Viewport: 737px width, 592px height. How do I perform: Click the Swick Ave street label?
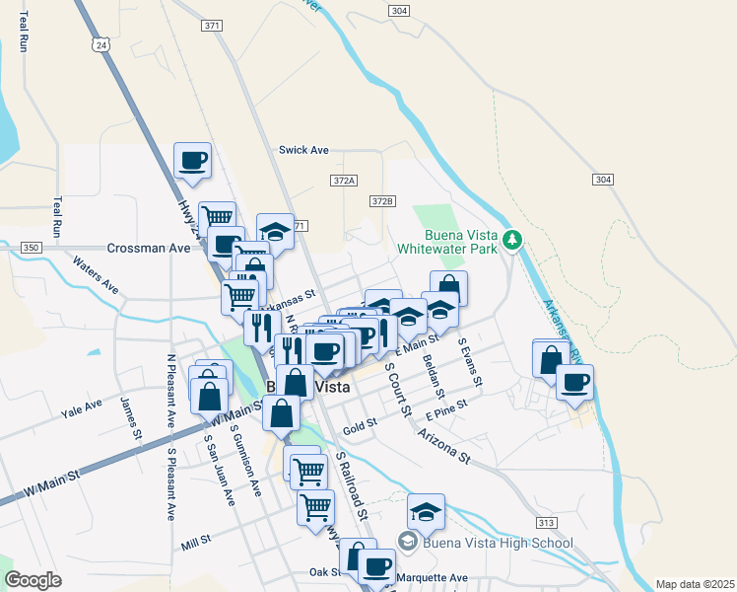(x=303, y=150)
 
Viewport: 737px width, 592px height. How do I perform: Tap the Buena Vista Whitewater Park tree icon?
(x=511, y=240)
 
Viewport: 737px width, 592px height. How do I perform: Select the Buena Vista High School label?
(x=498, y=543)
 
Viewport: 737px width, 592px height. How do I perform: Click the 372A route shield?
(x=343, y=181)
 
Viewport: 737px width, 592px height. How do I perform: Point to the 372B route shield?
(x=382, y=201)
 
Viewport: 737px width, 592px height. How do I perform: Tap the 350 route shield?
(x=32, y=248)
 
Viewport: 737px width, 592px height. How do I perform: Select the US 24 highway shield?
(x=101, y=44)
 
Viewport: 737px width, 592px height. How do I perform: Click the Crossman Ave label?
(x=148, y=249)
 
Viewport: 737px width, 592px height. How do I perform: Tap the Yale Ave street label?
(x=81, y=406)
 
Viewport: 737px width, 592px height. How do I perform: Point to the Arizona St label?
(x=443, y=445)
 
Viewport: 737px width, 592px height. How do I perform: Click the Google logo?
(x=33, y=580)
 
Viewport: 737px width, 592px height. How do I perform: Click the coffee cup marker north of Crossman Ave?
(x=192, y=159)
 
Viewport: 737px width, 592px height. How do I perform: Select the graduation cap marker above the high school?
(x=426, y=511)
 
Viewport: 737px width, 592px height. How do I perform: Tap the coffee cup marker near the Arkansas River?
(x=574, y=382)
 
